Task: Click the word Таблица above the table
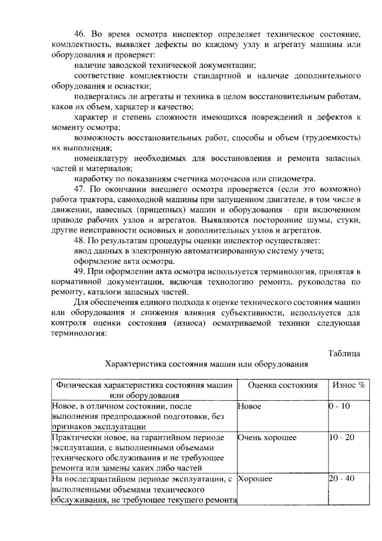[x=344, y=354]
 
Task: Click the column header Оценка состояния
[x=283, y=385]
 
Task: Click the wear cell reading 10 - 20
[x=341, y=437]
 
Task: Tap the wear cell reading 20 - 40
[x=341, y=479]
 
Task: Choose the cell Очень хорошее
[x=267, y=437]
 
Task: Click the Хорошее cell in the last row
[x=255, y=479]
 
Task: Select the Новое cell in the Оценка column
[x=249, y=406]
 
